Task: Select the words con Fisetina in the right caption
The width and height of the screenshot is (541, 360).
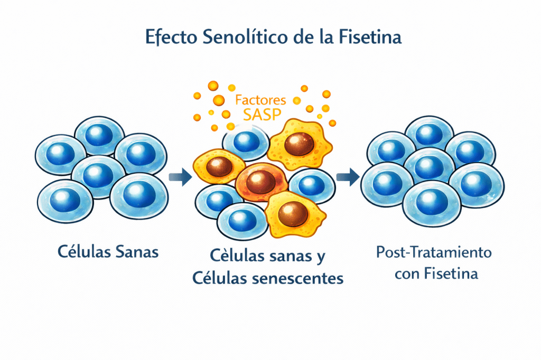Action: [434, 274]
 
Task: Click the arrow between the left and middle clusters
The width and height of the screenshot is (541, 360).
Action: [180, 177]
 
